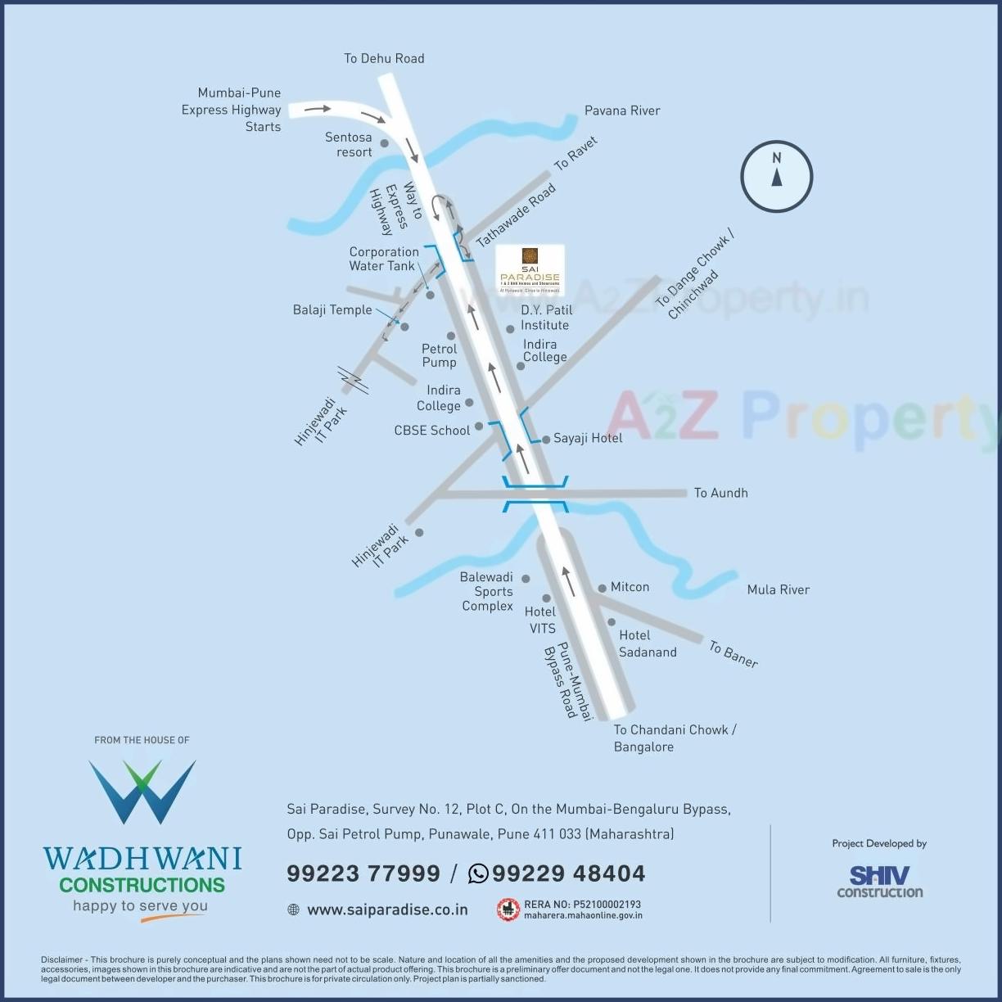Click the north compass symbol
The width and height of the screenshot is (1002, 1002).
[x=776, y=177]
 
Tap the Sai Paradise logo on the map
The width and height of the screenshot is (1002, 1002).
[x=530, y=269]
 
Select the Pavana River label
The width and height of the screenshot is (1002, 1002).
[x=621, y=111]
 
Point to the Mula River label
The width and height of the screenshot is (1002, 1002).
[x=778, y=589]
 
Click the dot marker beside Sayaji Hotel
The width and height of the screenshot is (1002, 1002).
[x=546, y=440]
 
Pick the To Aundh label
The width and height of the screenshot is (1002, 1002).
[x=720, y=493]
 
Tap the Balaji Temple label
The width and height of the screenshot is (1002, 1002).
[x=332, y=310]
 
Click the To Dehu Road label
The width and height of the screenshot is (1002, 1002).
[x=384, y=58]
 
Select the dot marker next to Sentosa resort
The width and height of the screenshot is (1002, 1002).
[x=384, y=143]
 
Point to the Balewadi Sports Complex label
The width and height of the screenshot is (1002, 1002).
[x=487, y=591]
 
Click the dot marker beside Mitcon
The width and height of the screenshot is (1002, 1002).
[x=602, y=588]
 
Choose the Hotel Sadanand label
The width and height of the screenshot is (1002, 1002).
[x=647, y=643]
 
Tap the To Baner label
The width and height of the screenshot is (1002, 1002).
[x=733, y=654]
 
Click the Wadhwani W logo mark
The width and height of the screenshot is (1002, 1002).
[x=142, y=791]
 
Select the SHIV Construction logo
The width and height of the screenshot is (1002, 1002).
[x=879, y=882]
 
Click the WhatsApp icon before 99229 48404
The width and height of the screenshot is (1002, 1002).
[x=478, y=873]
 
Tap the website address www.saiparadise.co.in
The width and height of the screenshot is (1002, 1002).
[x=387, y=909]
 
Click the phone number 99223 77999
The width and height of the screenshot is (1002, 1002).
[x=363, y=873]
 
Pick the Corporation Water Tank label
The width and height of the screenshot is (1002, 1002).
[x=383, y=259]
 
